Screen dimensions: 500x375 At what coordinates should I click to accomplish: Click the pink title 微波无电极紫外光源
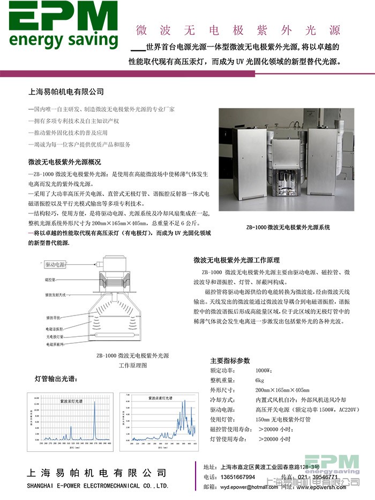pyautogui.click(x=239, y=29)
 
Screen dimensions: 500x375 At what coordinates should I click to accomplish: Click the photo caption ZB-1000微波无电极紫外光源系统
pyautogui.click(x=288, y=227)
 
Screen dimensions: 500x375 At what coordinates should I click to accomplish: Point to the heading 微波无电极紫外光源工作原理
pyautogui.click(x=236, y=260)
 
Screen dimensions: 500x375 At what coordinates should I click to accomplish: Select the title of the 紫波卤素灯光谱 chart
pyautogui.click(x=160, y=398)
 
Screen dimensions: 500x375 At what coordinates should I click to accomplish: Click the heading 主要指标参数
pyautogui.click(x=230, y=360)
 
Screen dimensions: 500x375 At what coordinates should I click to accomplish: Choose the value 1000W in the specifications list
pyautogui.click(x=264, y=371)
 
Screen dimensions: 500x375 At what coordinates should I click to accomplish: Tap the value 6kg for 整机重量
pyautogui.click(x=260, y=380)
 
